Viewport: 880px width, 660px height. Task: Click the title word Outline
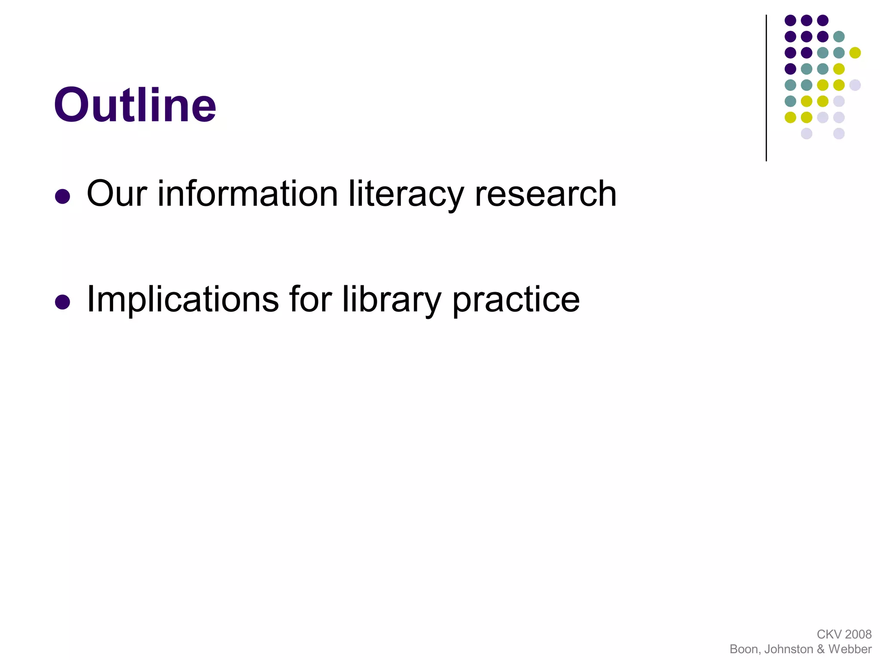[135, 105]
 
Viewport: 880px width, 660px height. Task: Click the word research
[545, 194]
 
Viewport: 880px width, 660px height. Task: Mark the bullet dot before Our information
[63, 196]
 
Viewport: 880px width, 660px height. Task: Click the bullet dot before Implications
[63, 302]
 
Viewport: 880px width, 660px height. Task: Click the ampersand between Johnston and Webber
[821, 649]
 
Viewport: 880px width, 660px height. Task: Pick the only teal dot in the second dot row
[839, 37]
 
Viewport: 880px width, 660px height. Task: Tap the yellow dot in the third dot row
[855, 53]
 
